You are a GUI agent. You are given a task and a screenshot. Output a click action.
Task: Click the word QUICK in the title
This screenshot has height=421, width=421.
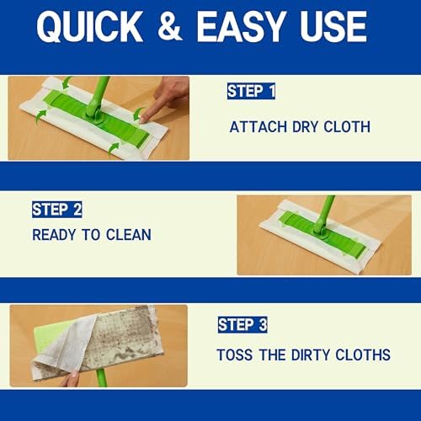pyautogui.click(x=89, y=27)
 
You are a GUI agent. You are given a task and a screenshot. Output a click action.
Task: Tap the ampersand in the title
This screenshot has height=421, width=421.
pyautogui.click(x=169, y=27)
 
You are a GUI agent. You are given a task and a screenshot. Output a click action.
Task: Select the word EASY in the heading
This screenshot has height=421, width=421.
pyautogui.click(x=241, y=27)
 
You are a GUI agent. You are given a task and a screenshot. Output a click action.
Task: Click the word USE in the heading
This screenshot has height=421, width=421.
pyautogui.click(x=333, y=27)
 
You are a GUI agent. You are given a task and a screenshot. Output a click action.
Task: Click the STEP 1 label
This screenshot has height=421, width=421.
pyautogui.click(x=251, y=91)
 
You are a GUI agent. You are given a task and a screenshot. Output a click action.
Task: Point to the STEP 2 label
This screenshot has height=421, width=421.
pyautogui.click(x=57, y=210)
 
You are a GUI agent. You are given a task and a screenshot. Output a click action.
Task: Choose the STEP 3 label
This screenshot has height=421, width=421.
pyautogui.click(x=242, y=325)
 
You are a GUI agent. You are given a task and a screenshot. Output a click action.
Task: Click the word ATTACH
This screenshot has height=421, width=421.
pyautogui.click(x=258, y=127)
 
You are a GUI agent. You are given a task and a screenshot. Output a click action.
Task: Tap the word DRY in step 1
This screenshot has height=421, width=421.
pyautogui.click(x=305, y=127)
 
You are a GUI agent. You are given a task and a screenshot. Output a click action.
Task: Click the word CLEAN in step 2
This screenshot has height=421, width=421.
pyautogui.click(x=129, y=235)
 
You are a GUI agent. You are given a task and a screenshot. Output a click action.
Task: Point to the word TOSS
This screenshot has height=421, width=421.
pyautogui.click(x=235, y=354)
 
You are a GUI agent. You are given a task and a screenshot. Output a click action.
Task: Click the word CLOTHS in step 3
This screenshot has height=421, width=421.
pyautogui.click(x=363, y=354)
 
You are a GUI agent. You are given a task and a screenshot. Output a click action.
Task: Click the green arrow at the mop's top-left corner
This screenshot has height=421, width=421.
pyautogui.click(x=67, y=83)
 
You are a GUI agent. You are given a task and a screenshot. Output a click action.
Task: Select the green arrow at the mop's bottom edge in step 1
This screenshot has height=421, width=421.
pyautogui.click(x=113, y=149)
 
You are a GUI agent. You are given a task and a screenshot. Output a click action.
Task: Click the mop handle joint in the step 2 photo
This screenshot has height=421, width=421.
pyautogui.click(x=319, y=232)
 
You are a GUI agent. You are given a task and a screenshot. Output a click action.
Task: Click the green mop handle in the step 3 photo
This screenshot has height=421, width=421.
pyautogui.click(x=100, y=378)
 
